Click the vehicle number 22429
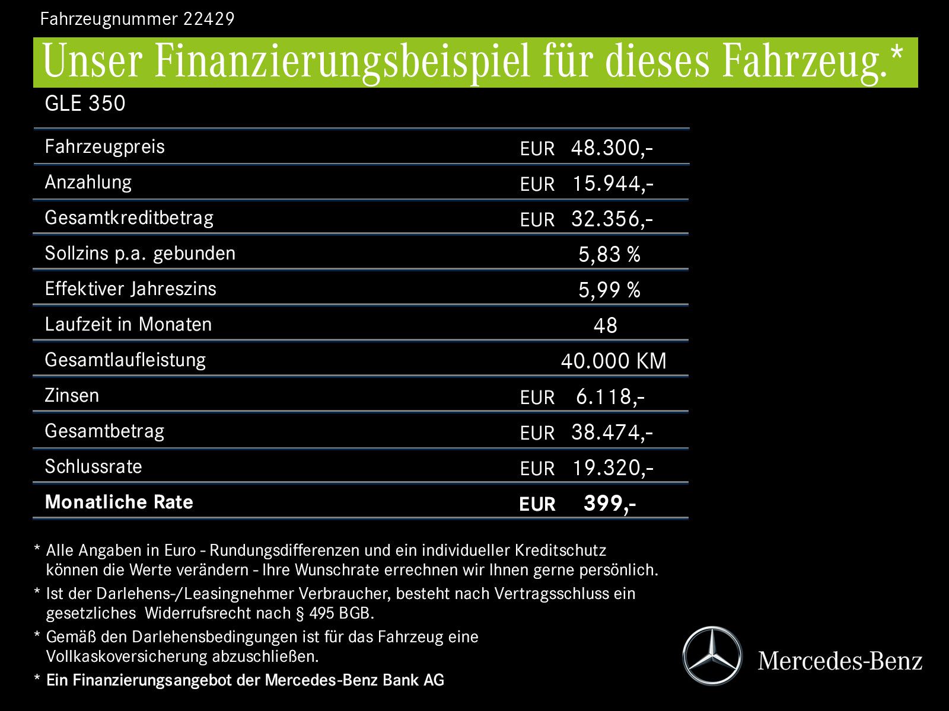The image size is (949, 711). click(209, 20)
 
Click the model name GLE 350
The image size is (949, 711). click(85, 104)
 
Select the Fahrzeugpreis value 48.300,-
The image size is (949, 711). click(612, 148)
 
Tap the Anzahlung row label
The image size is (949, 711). click(88, 182)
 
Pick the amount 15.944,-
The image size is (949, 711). click(612, 184)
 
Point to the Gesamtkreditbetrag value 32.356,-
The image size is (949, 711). click(612, 219)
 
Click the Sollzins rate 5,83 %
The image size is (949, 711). click(609, 255)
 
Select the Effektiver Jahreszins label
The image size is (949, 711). click(130, 289)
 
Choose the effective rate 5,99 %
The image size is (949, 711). click(609, 290)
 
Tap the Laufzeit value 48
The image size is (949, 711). click(605, 326)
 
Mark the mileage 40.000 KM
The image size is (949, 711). click(613, 361)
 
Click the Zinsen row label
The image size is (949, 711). click(72, 395)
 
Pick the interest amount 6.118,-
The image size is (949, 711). click(610, 397)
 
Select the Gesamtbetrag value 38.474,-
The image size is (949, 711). click(612, 433)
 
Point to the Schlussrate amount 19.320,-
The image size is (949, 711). click(612, 468)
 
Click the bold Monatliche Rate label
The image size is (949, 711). click(119, 502)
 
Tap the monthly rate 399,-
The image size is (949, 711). click(609, 504)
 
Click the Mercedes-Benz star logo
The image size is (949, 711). click(712, 656)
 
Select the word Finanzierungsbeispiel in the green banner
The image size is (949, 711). click(342, 62)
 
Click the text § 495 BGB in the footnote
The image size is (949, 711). click(335, 613)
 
